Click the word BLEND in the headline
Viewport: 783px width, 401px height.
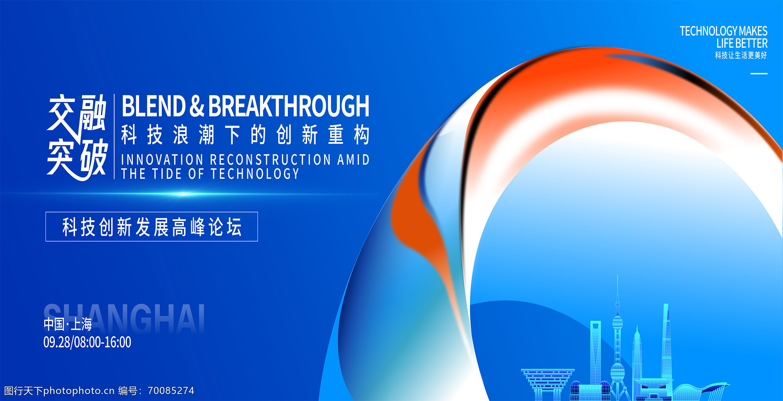(x=153, y=106)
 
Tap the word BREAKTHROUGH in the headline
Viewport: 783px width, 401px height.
(x=289, y=106)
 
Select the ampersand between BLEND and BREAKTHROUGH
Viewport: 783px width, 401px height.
(x=197, y=106)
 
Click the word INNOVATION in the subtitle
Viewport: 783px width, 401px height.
(x=162, y=160)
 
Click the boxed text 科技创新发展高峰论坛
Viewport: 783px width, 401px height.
(x=152, y=227)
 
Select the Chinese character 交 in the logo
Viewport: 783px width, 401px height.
(x=61, y=113)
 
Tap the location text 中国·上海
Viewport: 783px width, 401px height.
(x=68, y=324)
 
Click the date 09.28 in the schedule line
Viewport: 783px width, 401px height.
(x=57, y=342)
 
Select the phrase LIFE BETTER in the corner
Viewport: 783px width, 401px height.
(x=742, y=43)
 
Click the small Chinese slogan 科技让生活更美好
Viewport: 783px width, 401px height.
(x=741, y=55)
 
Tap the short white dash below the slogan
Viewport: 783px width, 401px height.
(x=759, y=73)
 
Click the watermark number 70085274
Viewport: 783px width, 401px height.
(x=171, y=390)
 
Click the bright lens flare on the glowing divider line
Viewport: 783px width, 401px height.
(x=183, y=194)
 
